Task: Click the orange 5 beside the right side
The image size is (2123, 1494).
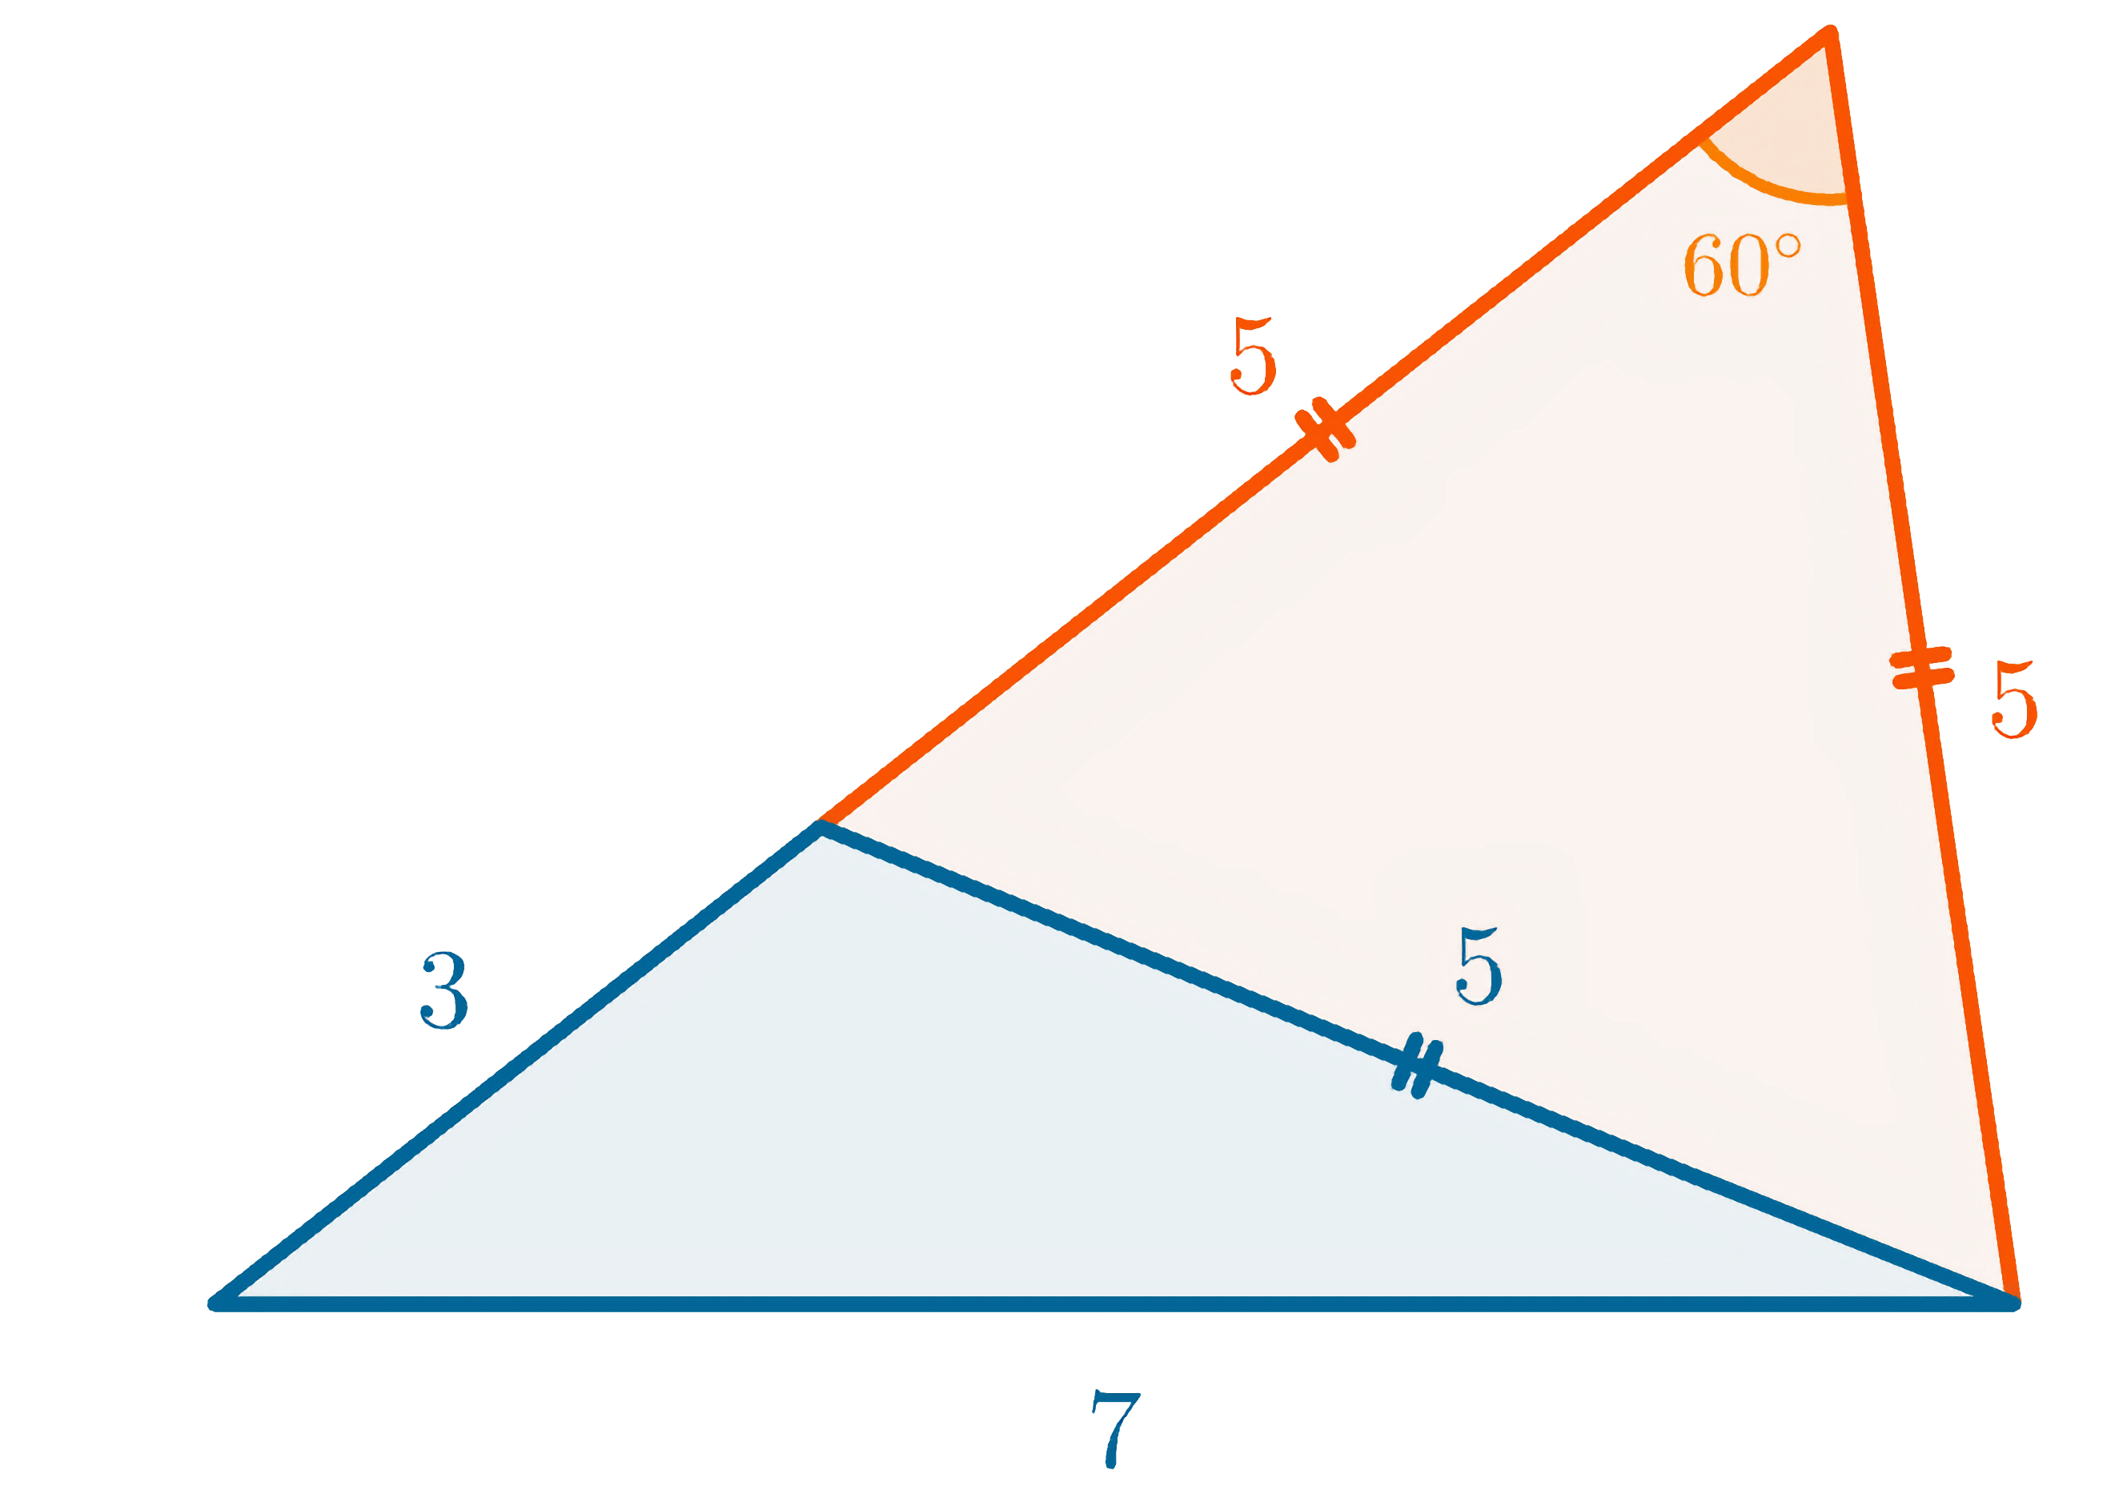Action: tap(2014, 700)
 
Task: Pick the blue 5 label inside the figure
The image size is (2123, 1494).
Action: tap(1479, 967)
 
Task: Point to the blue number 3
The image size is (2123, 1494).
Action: tap(445, 991)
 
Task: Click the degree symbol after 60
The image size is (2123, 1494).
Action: tap(1789, 246)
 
